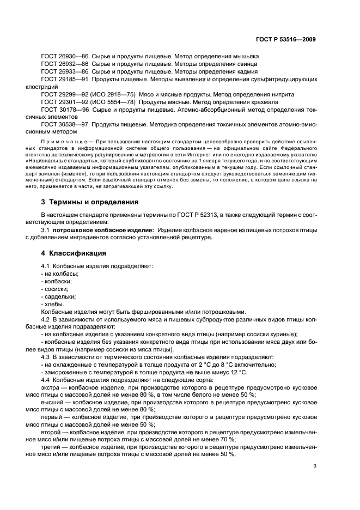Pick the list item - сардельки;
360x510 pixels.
pos(59,296)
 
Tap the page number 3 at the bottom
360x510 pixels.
pos(315,466)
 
